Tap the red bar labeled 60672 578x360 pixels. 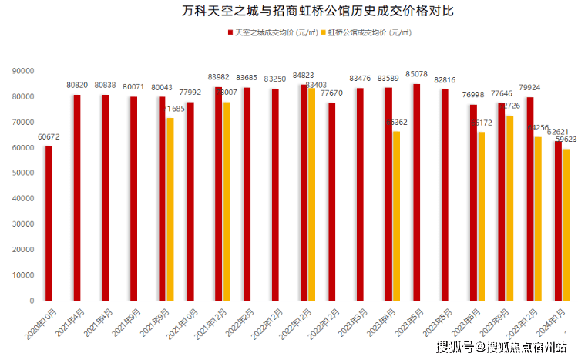tap(49, 223)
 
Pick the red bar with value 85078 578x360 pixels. tap(416, 192)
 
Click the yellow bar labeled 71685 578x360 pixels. tap(170, 209)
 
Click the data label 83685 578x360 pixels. tap(247, 78)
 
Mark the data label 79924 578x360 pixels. tap(530, 88)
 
